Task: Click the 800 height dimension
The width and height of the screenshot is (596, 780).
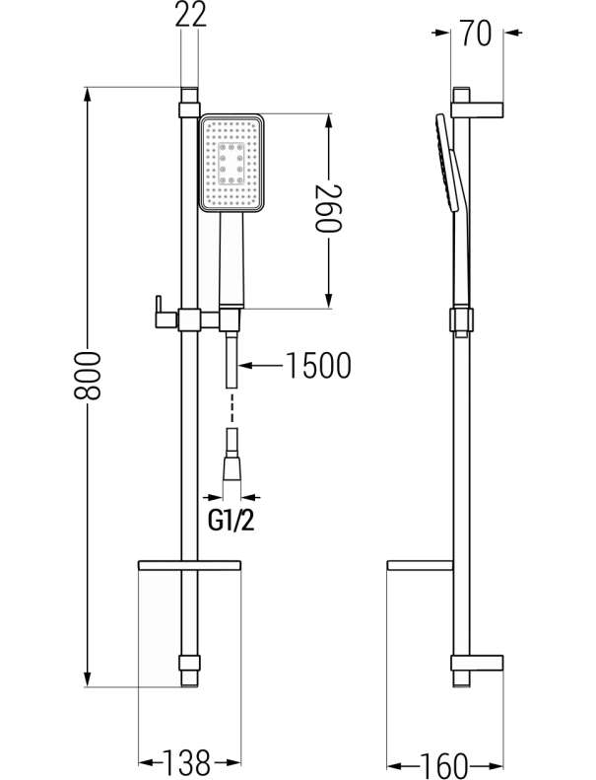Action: click(88, 376)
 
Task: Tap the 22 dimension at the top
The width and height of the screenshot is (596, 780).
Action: click(191, 15)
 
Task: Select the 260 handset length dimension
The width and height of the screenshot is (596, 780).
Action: click(329, 208)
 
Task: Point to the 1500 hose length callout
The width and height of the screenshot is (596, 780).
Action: click(318, 366)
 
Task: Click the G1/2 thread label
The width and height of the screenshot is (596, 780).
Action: click(232, 521)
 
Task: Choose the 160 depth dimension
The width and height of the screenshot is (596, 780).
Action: click(444, 764)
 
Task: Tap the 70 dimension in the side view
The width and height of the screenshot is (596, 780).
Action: click(476, 33)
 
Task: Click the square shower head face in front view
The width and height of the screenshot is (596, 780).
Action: click(232, 162)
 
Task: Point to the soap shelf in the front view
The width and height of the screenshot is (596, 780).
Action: click(189, 565)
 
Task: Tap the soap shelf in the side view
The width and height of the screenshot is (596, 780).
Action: click(420, 565)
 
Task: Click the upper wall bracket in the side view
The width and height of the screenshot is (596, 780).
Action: click(477, 109)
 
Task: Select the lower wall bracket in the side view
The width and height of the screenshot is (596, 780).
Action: click(477, 663)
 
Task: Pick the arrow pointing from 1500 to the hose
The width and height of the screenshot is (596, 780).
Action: click(262, 366)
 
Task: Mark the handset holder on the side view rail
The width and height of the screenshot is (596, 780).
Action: click(461, 320)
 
